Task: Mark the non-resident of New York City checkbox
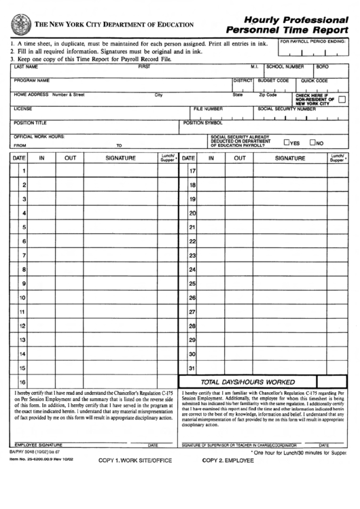point(342,99)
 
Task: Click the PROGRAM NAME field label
point(32,80)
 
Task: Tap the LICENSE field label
point(23,109)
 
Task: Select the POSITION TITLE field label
point(31,123)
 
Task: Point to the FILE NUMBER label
point(208,109)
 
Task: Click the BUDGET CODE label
point(274,80)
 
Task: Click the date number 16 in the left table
point(22,382)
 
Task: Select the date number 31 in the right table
point(192,369)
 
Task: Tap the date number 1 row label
point(24,171)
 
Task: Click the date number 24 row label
point(192,270)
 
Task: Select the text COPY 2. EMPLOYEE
point(228,460)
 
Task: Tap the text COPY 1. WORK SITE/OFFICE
point(135,460)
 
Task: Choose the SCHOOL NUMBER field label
point(285,67)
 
